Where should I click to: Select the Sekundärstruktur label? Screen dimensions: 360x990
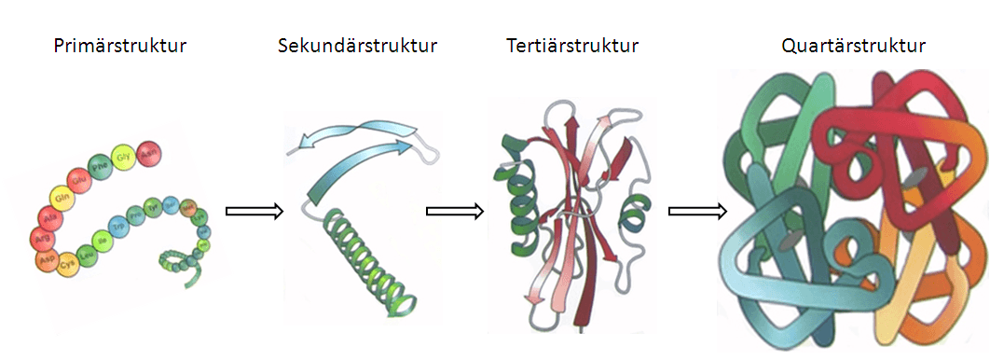coord(357,46)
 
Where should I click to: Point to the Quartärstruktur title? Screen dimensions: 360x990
coord(854,46)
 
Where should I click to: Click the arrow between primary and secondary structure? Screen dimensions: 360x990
coord(254,212)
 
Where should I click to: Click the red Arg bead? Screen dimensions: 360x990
coord(43,237)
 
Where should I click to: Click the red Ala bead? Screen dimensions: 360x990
coord(49,216)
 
